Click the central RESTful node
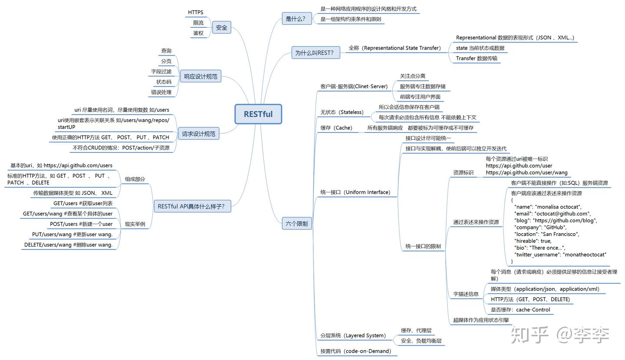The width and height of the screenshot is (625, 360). click(x=258, y=114)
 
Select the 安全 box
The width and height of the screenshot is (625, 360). click(x=221, y=27)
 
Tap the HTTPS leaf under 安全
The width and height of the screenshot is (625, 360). click(x=196, y=12)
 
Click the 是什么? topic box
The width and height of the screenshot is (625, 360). click(x=296, y=19)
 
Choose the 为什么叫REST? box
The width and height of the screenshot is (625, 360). click(x=316, y=53)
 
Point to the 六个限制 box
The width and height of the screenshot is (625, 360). click(x=296, y=223)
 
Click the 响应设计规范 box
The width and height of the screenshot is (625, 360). click(x=201, y=76)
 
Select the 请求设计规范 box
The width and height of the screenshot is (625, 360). click(x=199, y=134)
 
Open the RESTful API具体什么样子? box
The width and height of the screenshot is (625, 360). click(x=192, y=206)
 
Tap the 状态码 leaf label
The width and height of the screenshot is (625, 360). click(x=164, y=82)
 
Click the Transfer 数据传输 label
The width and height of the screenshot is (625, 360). click(x=477, y=58)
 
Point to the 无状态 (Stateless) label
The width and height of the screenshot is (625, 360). click(x=342, y=112)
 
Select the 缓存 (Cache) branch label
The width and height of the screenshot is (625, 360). click(x=336, y=128)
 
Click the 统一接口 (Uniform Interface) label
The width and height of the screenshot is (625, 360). click(x=355, y=192)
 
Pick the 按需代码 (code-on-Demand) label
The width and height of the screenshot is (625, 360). click(x=356, y=351)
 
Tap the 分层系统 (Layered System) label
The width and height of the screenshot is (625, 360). click(x=353, y=335)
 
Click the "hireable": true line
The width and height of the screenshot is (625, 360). click(x=533, y=241)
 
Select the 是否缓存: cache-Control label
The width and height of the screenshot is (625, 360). click(x=520, y=310)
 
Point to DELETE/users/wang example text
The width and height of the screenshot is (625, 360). click(x=69, y=245)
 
